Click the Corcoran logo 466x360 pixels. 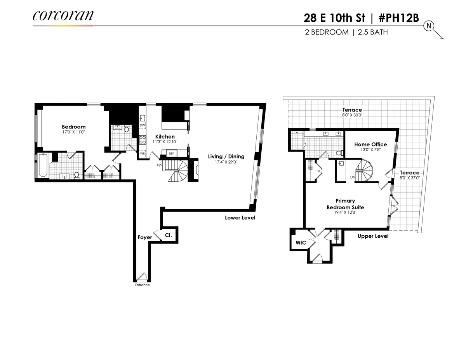click(x=63, y=16)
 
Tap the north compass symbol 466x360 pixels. click(x=429, y=26)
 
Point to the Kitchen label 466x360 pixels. click(x=165, y=137)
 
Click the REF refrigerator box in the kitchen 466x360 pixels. click(x=171, y=153)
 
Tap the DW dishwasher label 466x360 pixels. click(x=142, y=125)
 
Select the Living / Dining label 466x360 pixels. click(x=226, y=157)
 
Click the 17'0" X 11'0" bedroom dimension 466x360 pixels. click(x=73, y=132)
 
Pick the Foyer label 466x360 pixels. click(x=144, y=237)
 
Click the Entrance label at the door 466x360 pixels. click(x=142, y=285)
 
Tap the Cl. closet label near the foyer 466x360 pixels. click(x=169, y=235)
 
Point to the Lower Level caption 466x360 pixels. click(x=240, y=218)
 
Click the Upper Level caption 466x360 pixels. click(x=373, y=236)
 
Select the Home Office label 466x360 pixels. click(x=370, y=144)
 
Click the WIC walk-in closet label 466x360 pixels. click(x=301, y=243)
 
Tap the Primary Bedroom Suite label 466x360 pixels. click(x=345, y=204)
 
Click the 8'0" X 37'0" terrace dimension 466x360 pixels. click(x=410, y=178)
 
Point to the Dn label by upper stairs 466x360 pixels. click(x=353, y=177)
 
